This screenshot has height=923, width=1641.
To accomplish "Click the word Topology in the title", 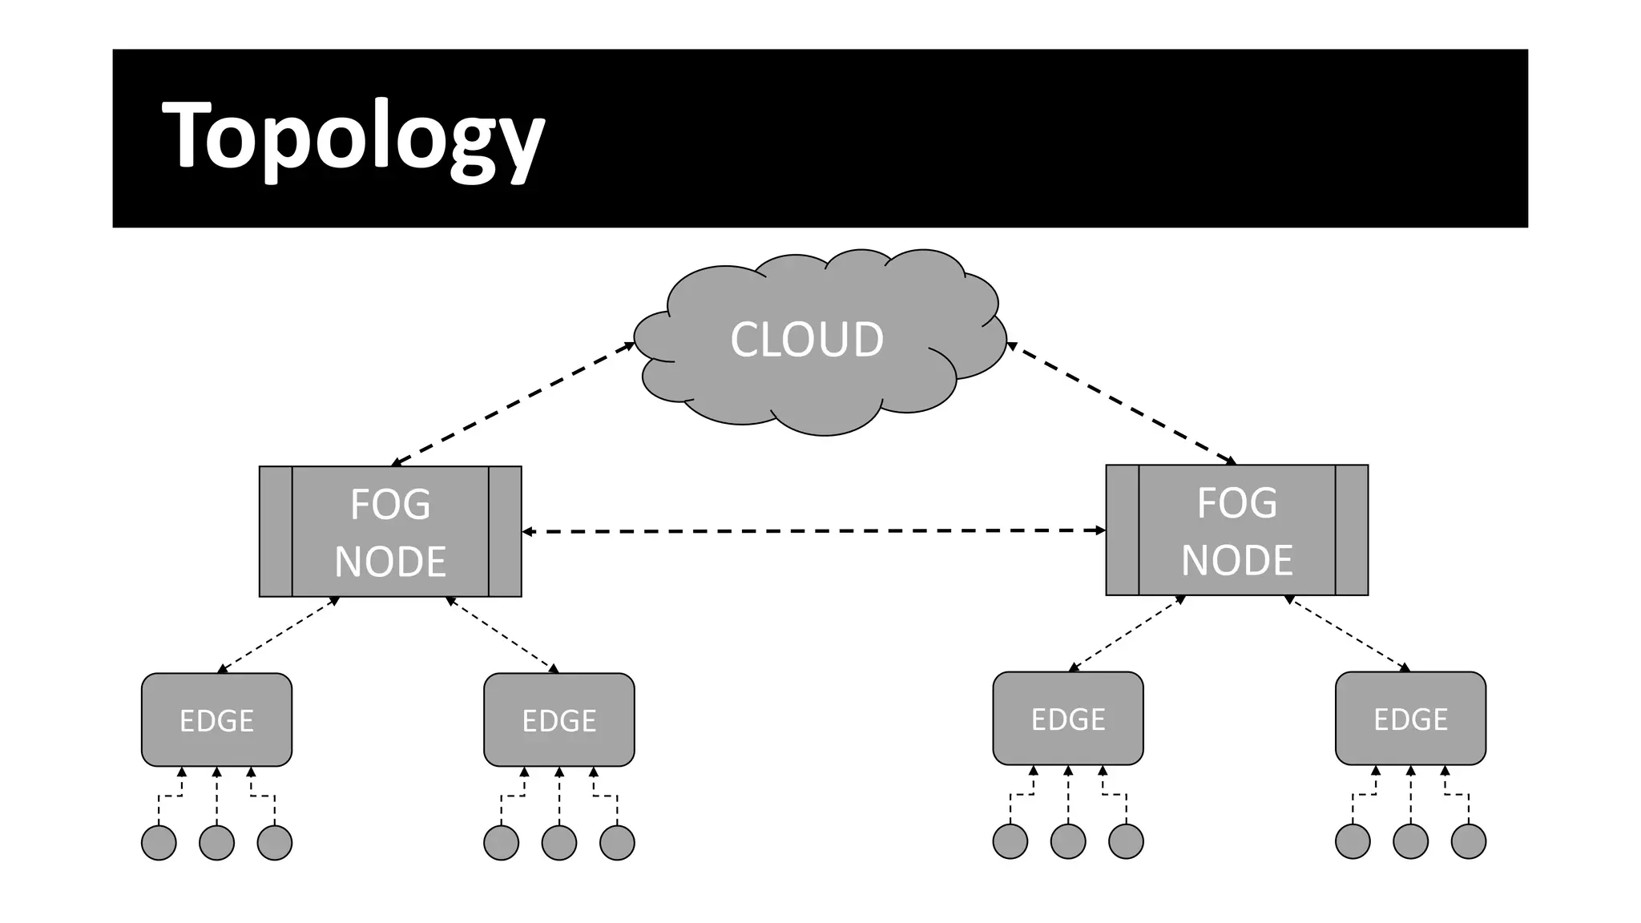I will pos(353,136).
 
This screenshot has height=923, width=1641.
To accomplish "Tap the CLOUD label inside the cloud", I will pos(807,339).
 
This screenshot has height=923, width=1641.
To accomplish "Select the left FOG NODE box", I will pos(390,531).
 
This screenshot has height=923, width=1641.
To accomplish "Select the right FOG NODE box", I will pos(1236,530).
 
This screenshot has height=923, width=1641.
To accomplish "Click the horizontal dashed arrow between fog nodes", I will pos(813,530).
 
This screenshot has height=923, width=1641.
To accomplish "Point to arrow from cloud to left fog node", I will pos(513,404).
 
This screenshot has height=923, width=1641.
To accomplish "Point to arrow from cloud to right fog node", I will pos(1122,405).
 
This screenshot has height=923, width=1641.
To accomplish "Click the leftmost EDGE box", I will pos(216,719).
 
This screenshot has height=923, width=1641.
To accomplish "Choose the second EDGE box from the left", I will pos(558,719).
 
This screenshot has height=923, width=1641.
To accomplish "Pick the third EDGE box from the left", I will pos(1067,718).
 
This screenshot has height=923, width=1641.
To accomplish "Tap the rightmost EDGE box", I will pos(1410,718).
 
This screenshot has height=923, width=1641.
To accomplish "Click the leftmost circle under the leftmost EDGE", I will pos(159,843).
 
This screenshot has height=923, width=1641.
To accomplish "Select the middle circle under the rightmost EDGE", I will pos(1410,841).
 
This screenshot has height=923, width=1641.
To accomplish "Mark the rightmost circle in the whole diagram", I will pos(1468,841).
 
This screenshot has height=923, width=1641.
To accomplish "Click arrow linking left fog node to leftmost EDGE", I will pos(279,635).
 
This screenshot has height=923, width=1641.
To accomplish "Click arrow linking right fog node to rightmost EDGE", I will pos(1348,633).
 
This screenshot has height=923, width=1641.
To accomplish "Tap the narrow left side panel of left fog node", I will pos(276,531).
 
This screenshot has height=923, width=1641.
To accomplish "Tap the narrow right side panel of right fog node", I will pos(1352,530).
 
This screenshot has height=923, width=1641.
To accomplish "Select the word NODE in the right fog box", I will pos(1236,559).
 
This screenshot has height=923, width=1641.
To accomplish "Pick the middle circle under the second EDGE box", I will pos(558,843).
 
